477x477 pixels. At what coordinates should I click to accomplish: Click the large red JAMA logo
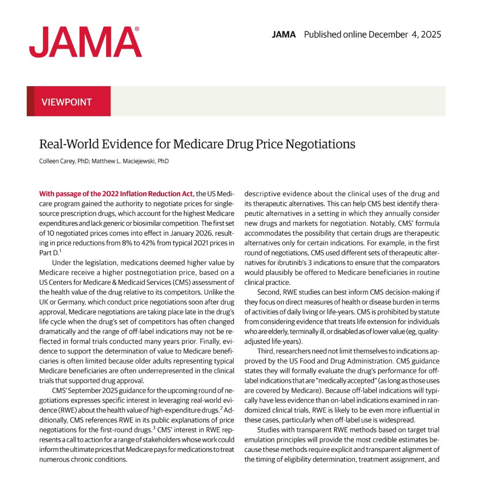85,42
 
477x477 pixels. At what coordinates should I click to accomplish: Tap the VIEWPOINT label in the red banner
66,102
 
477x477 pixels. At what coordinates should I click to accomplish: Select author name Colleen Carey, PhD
64,161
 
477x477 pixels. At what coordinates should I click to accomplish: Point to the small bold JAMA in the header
284,34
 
